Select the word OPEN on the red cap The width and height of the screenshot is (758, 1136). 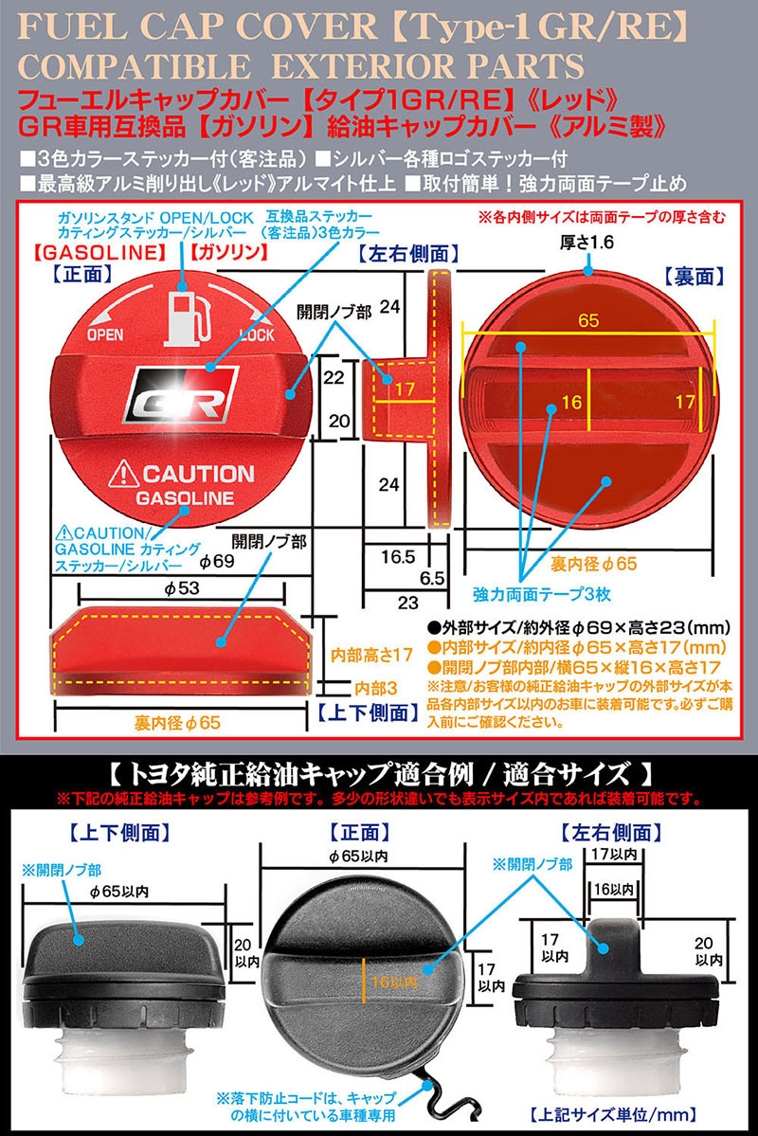105,335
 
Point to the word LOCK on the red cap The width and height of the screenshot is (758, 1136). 259,335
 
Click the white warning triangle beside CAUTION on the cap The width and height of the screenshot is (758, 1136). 126,471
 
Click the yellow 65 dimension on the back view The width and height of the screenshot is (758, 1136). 588,321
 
